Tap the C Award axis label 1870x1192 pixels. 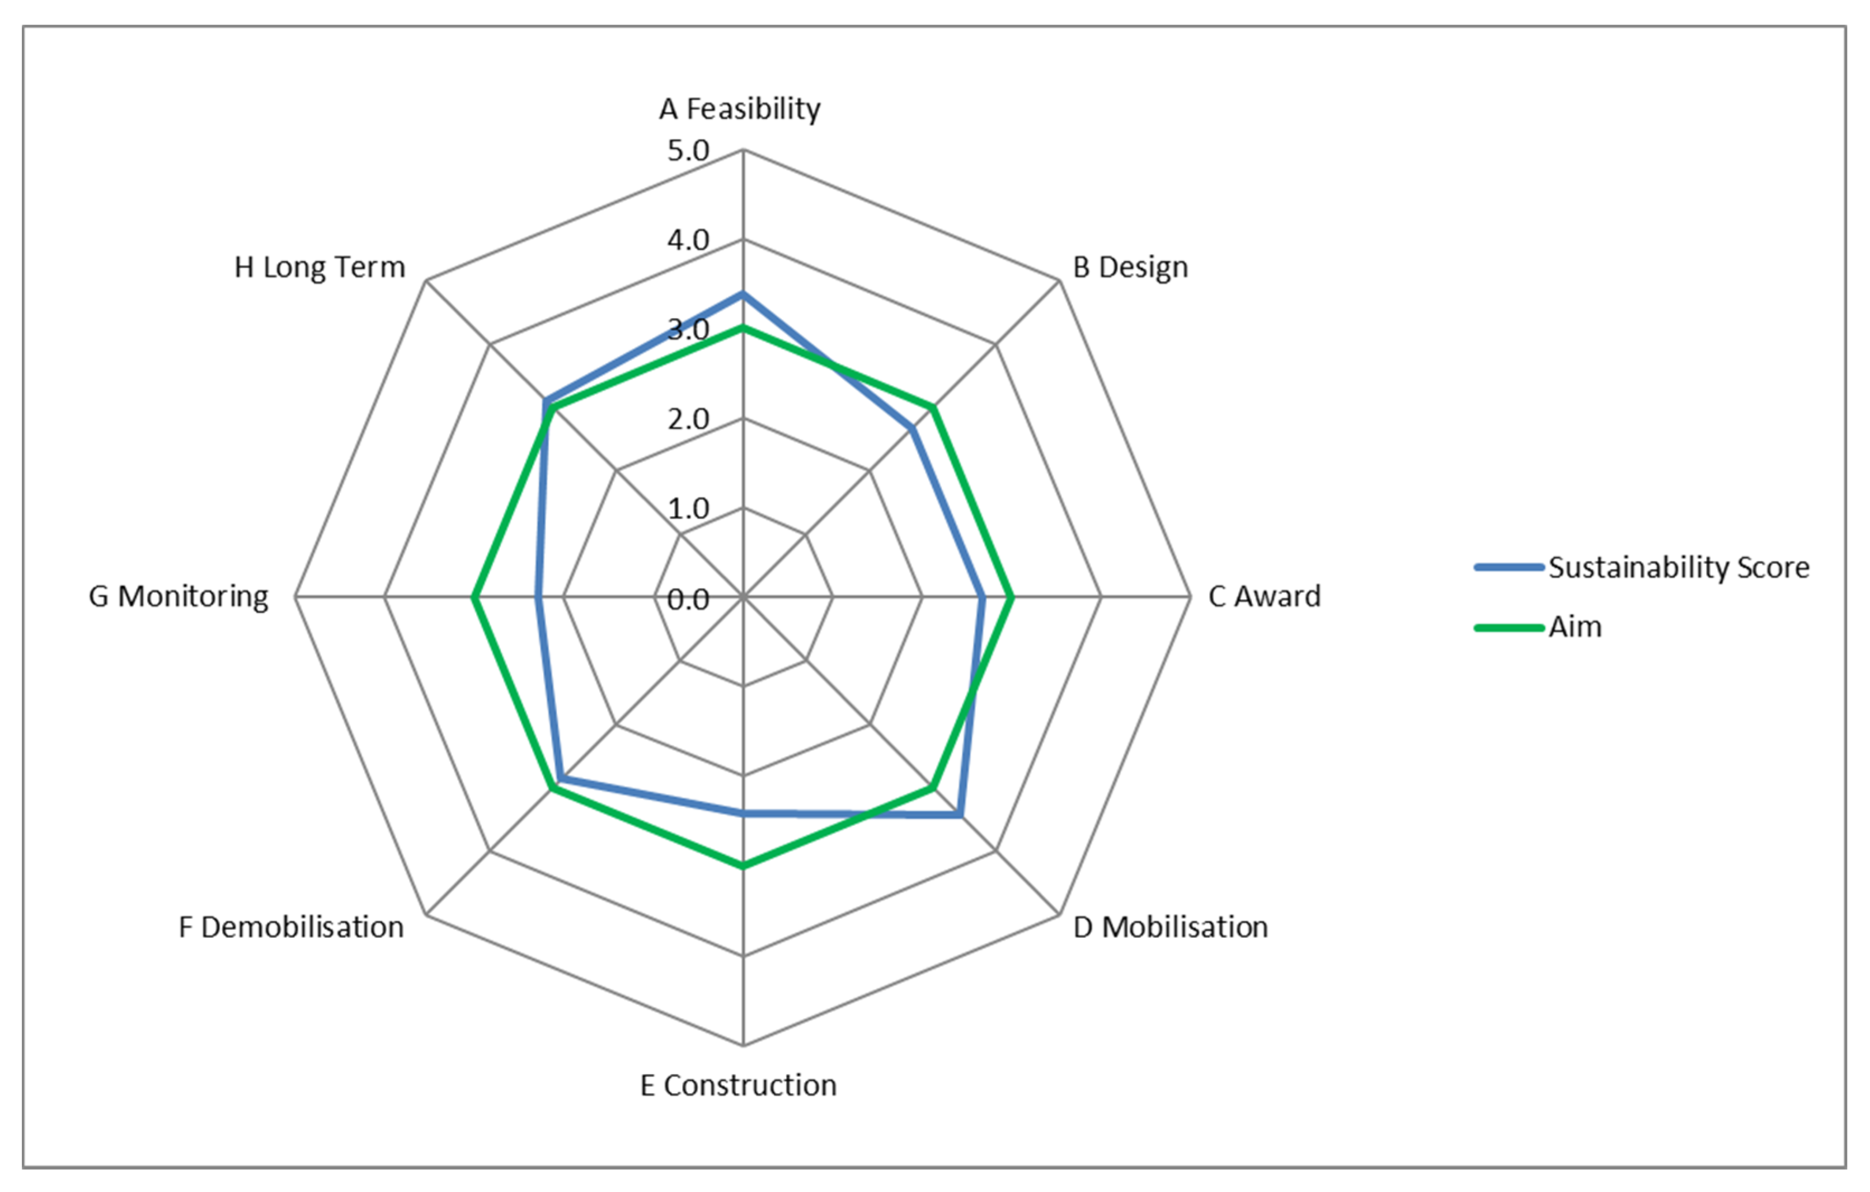tap(1264, 597)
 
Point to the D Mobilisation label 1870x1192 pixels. tap(1171, 927)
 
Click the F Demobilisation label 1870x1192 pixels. tap(291, 927)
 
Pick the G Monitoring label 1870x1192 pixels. tap(178, 597)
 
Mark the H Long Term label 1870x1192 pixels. tap(320, 267)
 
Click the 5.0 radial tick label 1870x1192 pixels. tap(688, 151)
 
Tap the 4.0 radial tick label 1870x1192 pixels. tap(688, 240)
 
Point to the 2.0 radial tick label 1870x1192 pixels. tap(688, 419)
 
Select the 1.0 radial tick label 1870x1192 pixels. tap(688, 509)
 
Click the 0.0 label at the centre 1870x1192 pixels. tap(688, 599)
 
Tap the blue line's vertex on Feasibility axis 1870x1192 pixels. tap(743, 295)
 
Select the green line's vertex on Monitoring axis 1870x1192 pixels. tap(474, 597)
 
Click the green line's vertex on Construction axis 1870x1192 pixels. tap(743, 865)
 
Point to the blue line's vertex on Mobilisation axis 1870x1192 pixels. tap(961, 815)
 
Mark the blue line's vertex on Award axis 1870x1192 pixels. tap(983, 597)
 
